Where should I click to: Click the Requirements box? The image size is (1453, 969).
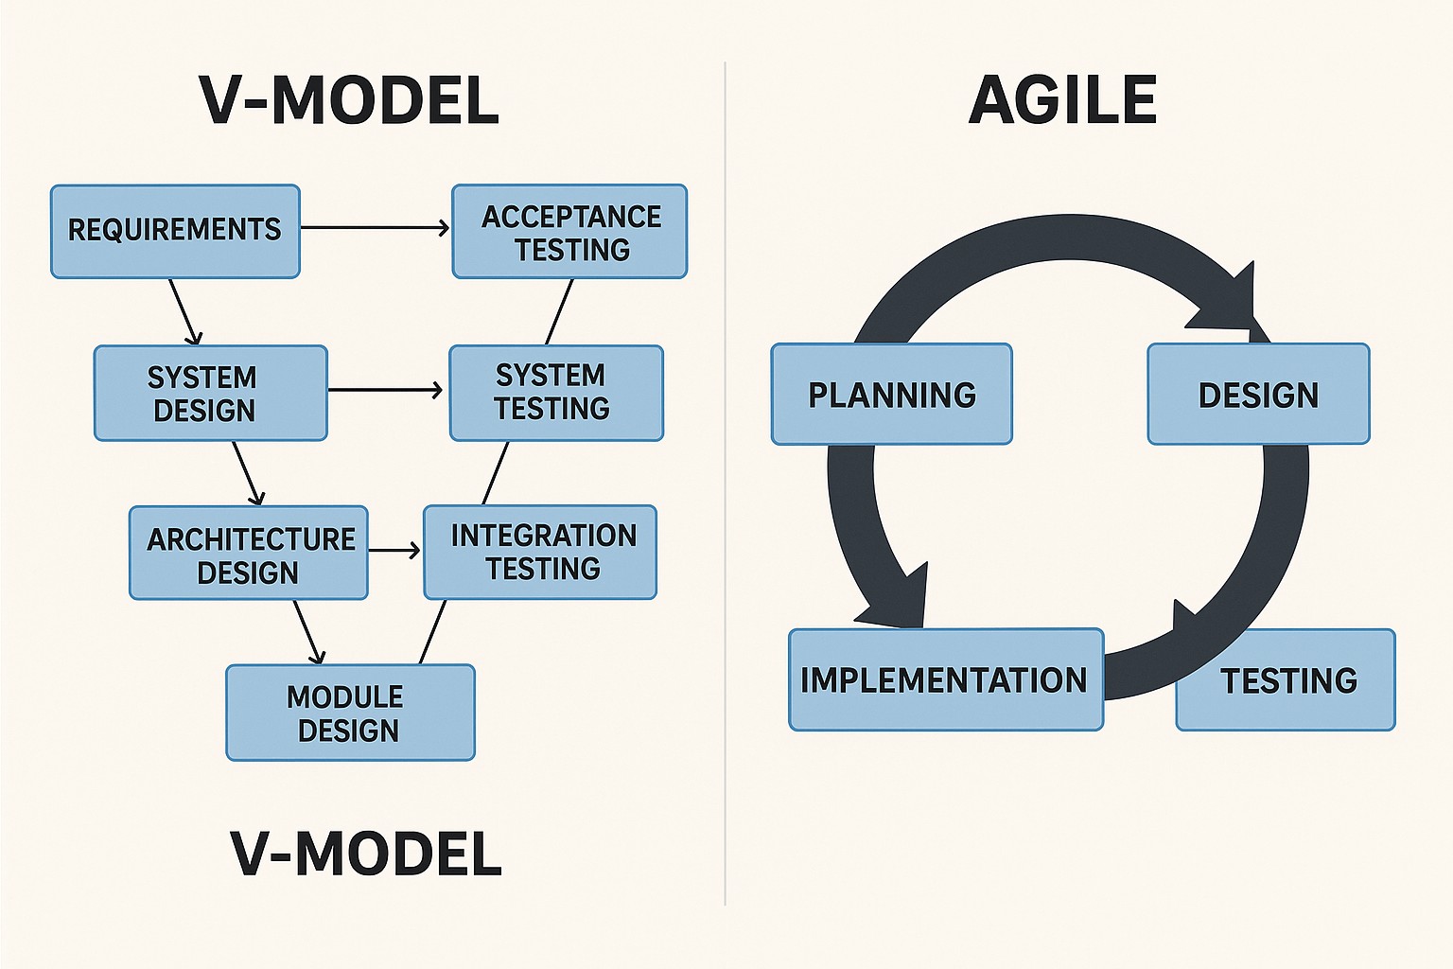[x=175, y=231]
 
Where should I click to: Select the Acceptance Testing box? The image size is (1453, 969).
[x=569, y=232]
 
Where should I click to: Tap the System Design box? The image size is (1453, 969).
[x=210, y=393]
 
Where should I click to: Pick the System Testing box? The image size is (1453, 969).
[x=556, y=393]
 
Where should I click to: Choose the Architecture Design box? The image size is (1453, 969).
[x=248, y=554]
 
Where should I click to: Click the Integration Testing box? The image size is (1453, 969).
[x=540, y=553]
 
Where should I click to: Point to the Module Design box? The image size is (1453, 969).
[x=350, y=713]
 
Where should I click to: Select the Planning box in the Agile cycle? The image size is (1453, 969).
[x=891, y=394]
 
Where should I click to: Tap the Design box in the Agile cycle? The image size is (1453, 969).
[x=1258, y=394]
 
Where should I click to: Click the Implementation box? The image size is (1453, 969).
[x=945, y=679]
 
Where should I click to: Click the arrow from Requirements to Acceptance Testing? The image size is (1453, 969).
[x=375, y=228]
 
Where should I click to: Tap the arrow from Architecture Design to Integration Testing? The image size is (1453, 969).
[x=394, y=550]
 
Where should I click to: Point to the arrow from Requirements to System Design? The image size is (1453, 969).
[x=185, y=311]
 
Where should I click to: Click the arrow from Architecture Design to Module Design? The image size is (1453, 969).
[x=308, y=632]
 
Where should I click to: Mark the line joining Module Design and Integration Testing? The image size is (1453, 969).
[x=432, y=632]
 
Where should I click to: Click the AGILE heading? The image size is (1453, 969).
[x=1062, y=100]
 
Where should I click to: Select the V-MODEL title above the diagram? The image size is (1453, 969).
[x=349, y=100]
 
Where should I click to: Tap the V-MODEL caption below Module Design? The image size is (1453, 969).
[x=365, y=854]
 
